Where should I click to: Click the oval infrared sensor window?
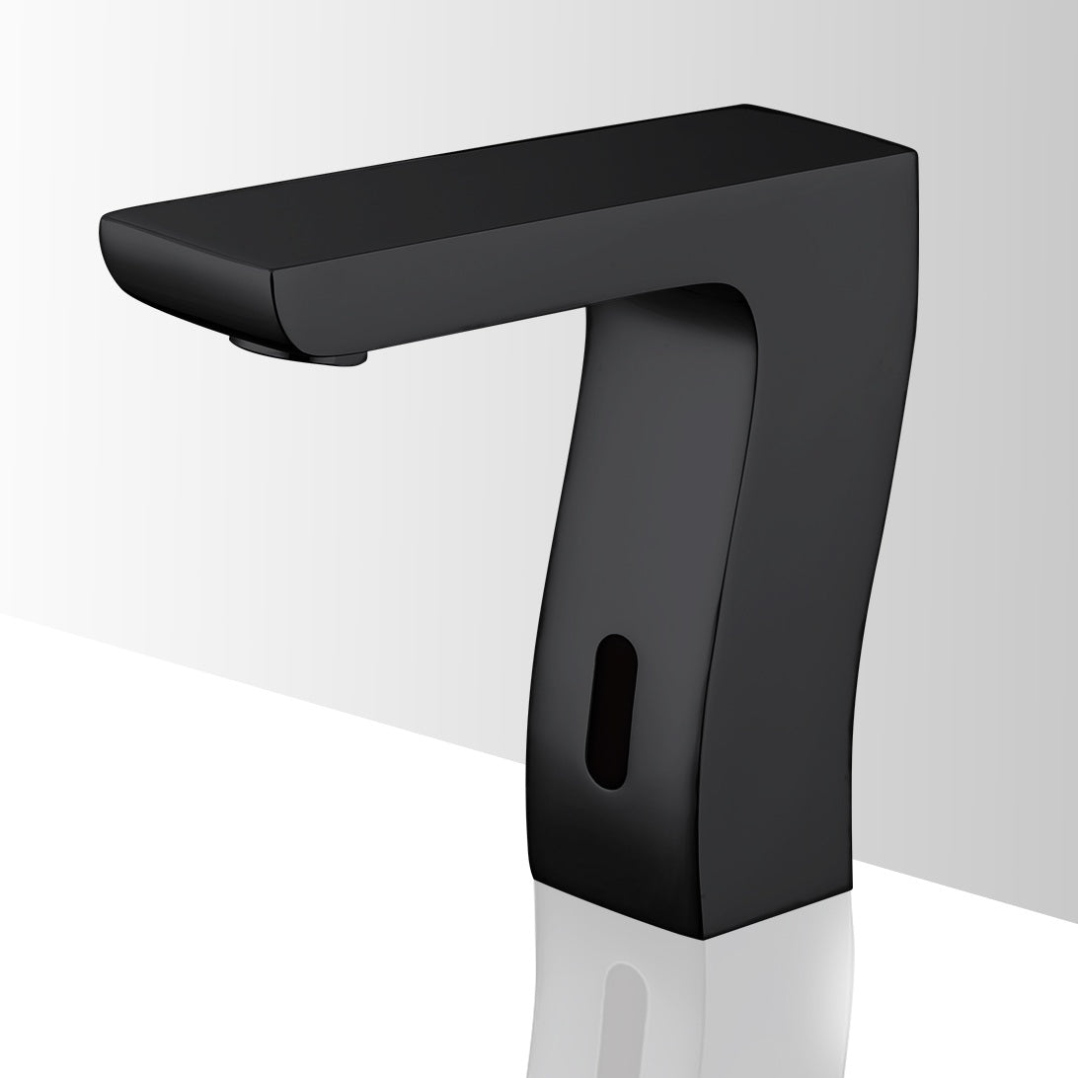611,711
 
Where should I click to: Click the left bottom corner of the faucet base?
534,877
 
